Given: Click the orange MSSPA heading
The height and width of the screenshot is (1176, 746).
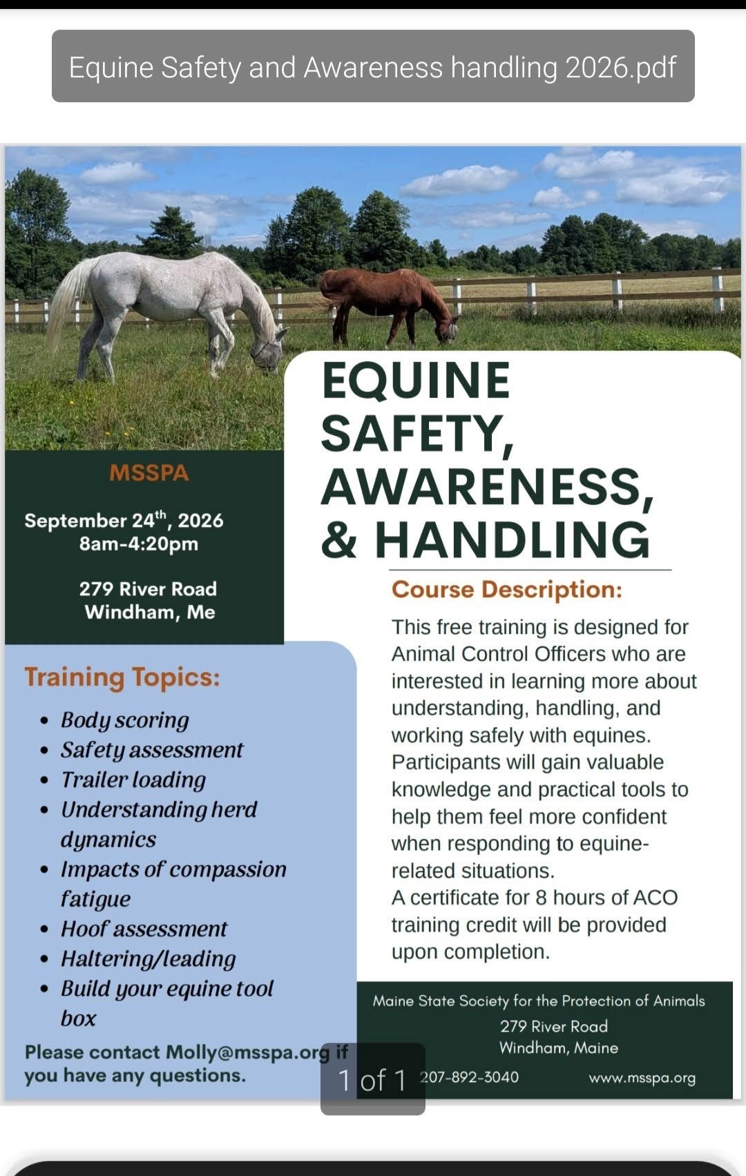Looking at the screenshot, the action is [149, 472].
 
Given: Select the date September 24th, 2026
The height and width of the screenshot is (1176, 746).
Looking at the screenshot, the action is [124, 520].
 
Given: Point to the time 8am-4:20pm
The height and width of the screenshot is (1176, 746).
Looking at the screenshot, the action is [139, 543].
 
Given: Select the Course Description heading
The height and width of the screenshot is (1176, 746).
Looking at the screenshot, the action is [506, 590].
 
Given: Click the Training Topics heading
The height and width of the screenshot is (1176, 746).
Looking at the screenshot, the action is [122, 677].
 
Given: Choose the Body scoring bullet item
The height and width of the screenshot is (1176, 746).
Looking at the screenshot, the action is [125, 720].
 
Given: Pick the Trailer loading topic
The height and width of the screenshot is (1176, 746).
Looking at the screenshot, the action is [133, 780].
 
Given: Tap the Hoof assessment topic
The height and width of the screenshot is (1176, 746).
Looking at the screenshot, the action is [144, 929].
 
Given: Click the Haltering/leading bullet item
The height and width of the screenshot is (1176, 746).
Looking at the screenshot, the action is [148, 959].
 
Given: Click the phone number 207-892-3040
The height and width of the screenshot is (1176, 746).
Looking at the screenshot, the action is [469, 1077].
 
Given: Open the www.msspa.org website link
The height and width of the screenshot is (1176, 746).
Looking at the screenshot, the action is [642, 1079].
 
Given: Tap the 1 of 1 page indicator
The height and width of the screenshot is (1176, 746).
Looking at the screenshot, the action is [373, 1080].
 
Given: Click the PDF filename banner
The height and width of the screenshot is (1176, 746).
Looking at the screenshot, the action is [373, 66].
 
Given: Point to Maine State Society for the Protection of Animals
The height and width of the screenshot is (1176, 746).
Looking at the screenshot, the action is [539, 1001].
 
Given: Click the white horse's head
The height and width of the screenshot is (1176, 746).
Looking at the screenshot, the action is [270, 348].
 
